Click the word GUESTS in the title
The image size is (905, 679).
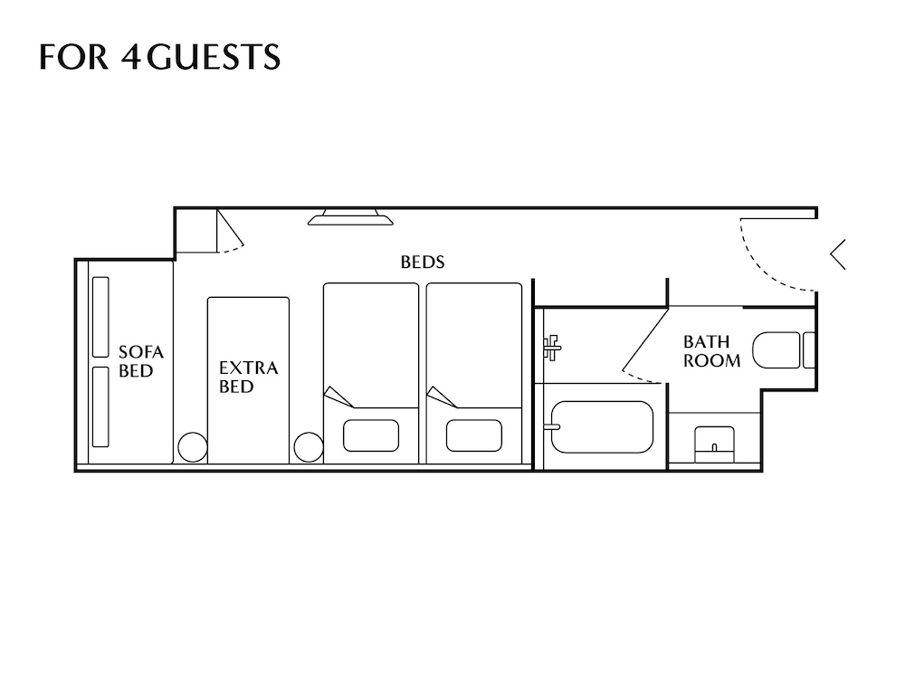[x=214, y=56]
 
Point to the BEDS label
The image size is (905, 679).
[x=423, y=263]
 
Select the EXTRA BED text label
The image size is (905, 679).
[x=248, y=377]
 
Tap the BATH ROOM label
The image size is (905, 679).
[x=711, y=351]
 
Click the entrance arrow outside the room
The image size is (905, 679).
[x=838, y=253]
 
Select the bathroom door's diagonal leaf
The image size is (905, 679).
[x=646, y=340]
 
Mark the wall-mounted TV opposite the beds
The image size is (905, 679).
[x=349, y=217]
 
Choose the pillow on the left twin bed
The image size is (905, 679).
[x=371, y=435]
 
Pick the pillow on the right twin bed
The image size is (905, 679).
[x=474, y=435]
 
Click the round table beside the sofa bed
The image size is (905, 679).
[x=192, y=448]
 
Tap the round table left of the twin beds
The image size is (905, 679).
[x=308, y=447]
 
